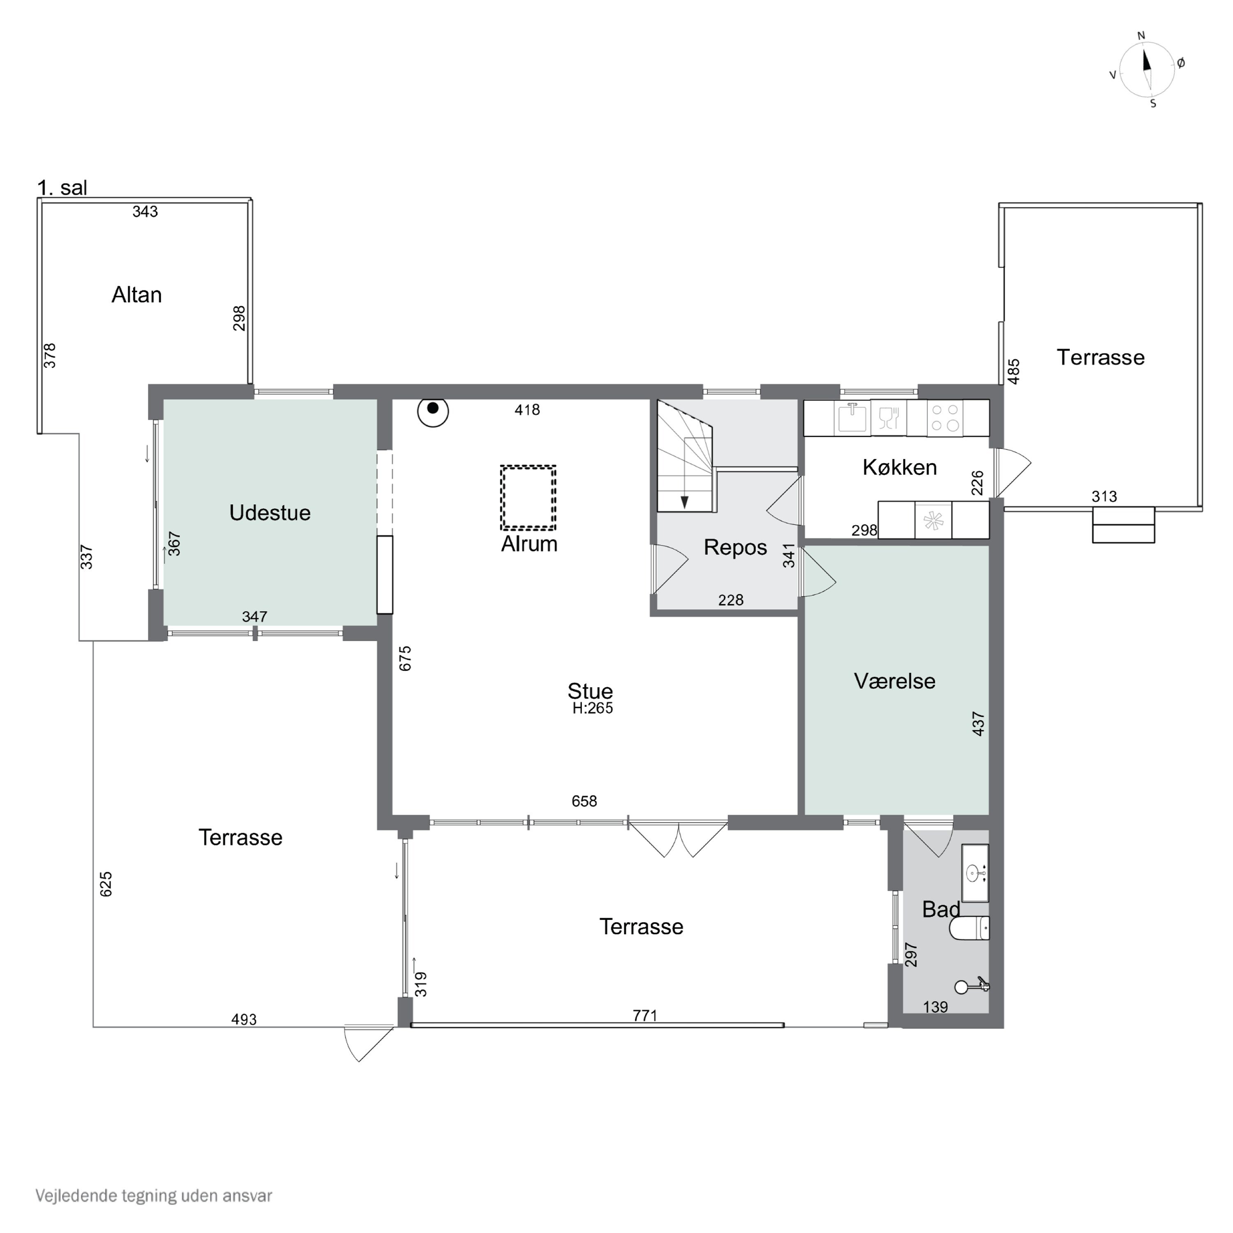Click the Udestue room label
point(270,513)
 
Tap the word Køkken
point(900,467)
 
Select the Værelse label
point(895,681)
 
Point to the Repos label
point(735,547)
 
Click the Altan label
point(136,295)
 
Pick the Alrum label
point(529,544)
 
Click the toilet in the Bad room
point(970,928)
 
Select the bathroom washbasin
point(975,873)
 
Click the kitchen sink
point(852,418)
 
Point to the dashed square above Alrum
point(528,498)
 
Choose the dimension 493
point(244,1020)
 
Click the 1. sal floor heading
point(62,188)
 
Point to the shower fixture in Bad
point(972,986)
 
